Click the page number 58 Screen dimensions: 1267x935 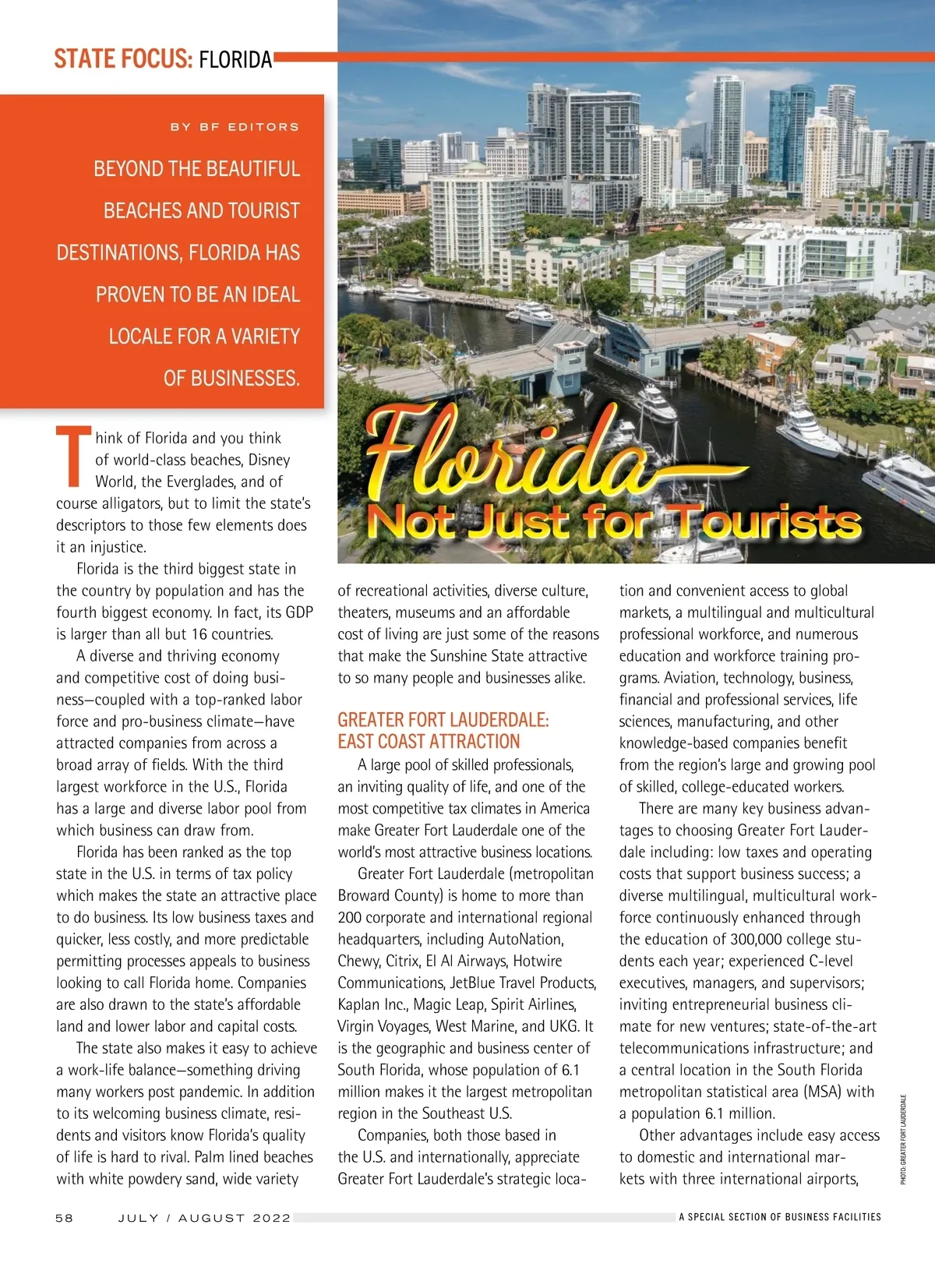[x=64, y=1217]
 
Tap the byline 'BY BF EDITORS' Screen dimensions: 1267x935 [x=235, y=126]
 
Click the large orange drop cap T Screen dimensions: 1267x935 [x=72, y=457]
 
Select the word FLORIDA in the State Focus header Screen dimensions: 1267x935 [x=235, y=59]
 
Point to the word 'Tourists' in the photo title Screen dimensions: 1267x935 [x=767, y=522]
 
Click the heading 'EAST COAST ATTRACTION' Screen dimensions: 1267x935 [x=429, y=742]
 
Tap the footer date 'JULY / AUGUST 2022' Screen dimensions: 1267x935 [x=204, y=1217]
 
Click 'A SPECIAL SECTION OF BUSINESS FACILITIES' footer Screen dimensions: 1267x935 [x=780, y=1216]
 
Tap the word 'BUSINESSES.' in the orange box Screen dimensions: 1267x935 [x=231, y=379]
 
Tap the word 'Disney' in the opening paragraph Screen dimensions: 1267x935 [x=269, y=460]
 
